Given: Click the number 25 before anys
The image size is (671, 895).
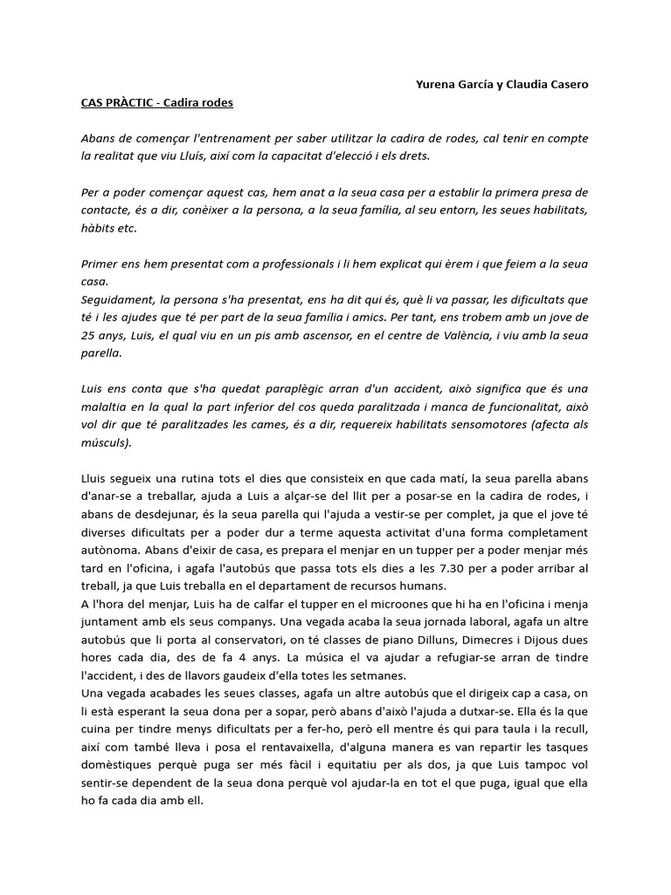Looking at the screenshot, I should click(88, 336).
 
